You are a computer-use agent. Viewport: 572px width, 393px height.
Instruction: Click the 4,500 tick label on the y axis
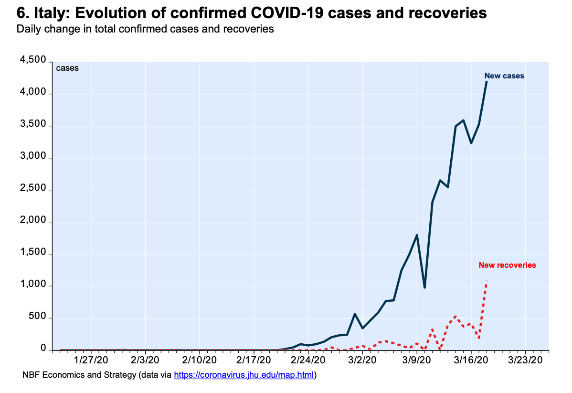[32, 61]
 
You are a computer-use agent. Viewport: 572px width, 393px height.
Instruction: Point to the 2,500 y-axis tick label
[32, 189]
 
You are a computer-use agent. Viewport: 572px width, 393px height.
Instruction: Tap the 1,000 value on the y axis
[32, 285]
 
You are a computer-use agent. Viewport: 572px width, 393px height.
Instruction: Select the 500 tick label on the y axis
[37, 317]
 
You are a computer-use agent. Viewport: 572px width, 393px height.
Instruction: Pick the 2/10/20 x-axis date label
[200, 360]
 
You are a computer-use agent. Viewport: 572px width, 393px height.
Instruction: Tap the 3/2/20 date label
[362, 360]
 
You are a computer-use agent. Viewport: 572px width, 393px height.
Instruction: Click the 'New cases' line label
[504, 76]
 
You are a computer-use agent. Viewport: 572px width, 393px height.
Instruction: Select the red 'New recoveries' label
[507, 265]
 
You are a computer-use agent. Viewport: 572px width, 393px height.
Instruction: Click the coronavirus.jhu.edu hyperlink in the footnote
[244, 375]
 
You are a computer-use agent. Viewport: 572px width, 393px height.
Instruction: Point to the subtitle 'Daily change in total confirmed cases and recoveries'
[145, 29]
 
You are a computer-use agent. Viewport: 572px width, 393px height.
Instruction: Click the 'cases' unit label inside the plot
[67, 68]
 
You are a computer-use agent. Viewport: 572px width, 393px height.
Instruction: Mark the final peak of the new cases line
[487, 82]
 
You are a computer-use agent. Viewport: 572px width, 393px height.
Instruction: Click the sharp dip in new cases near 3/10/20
[424, 287]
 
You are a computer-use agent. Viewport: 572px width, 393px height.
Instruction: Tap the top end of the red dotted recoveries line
[487, 281]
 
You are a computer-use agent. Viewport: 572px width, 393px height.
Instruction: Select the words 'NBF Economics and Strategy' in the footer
[79, 375]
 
